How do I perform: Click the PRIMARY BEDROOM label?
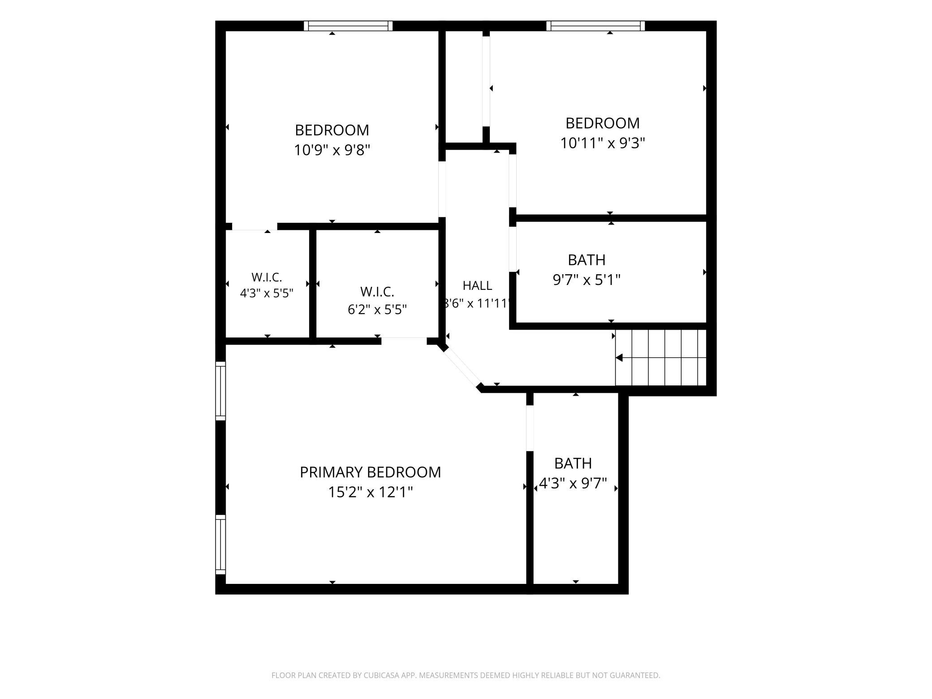[370, 472]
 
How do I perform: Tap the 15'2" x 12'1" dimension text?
[370, 492]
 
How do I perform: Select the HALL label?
[477, 285]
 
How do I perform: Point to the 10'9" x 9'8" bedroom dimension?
[332, 150]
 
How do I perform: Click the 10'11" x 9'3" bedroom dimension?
[603, 143]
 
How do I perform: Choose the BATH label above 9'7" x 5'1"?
[587, 260]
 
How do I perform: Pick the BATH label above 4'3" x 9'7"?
[573, 463]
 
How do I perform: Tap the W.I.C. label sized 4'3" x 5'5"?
[267, 277]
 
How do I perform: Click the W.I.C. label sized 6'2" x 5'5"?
[377, 292]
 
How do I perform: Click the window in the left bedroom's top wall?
[348, 26]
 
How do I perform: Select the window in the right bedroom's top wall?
[595, 26]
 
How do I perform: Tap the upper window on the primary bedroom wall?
[220, 391]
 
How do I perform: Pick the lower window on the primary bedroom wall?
[220, 544]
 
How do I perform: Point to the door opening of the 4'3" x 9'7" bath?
[530, 428]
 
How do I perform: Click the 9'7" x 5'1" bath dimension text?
[587, 280]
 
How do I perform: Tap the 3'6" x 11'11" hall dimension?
[477, 304]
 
